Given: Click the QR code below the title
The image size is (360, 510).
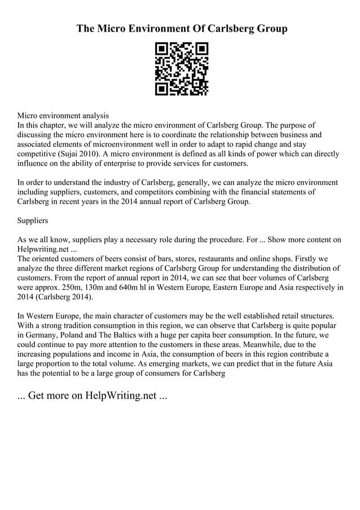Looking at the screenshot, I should [x=181, y=68].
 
